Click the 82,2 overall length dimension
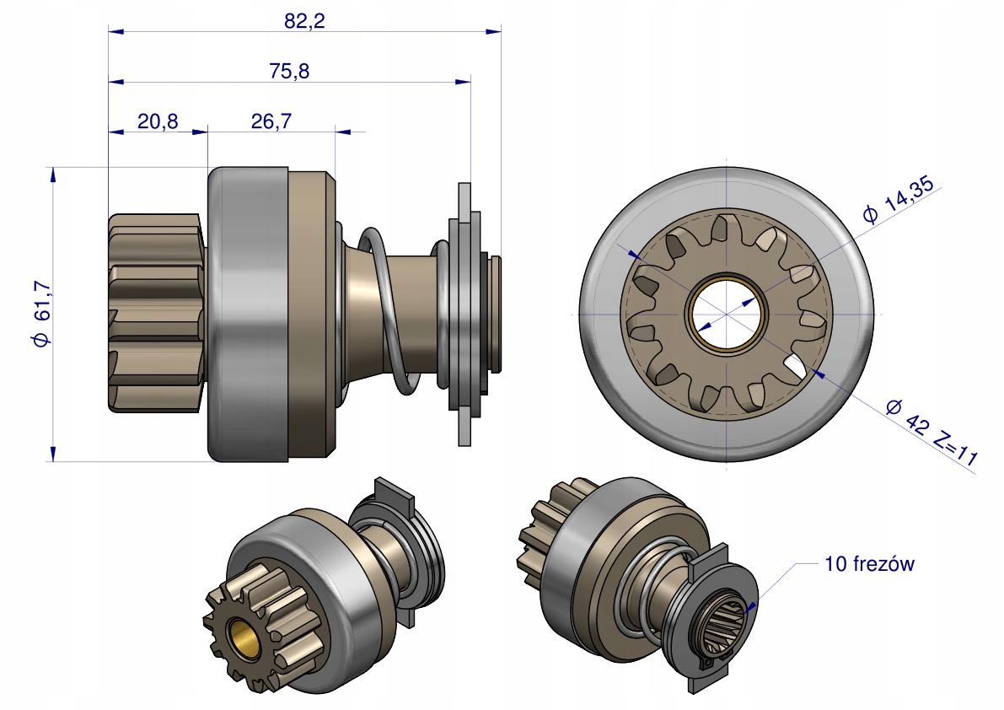pos(305,21)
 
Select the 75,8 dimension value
pos(289,71)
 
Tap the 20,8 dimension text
pos(158,121)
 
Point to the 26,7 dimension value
pos(271,121)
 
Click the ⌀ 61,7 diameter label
pos(41,314)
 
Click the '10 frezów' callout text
pos(869,564)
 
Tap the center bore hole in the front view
pos(727,315)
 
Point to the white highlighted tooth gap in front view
pos(795,367)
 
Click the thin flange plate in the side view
pos(464,314)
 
